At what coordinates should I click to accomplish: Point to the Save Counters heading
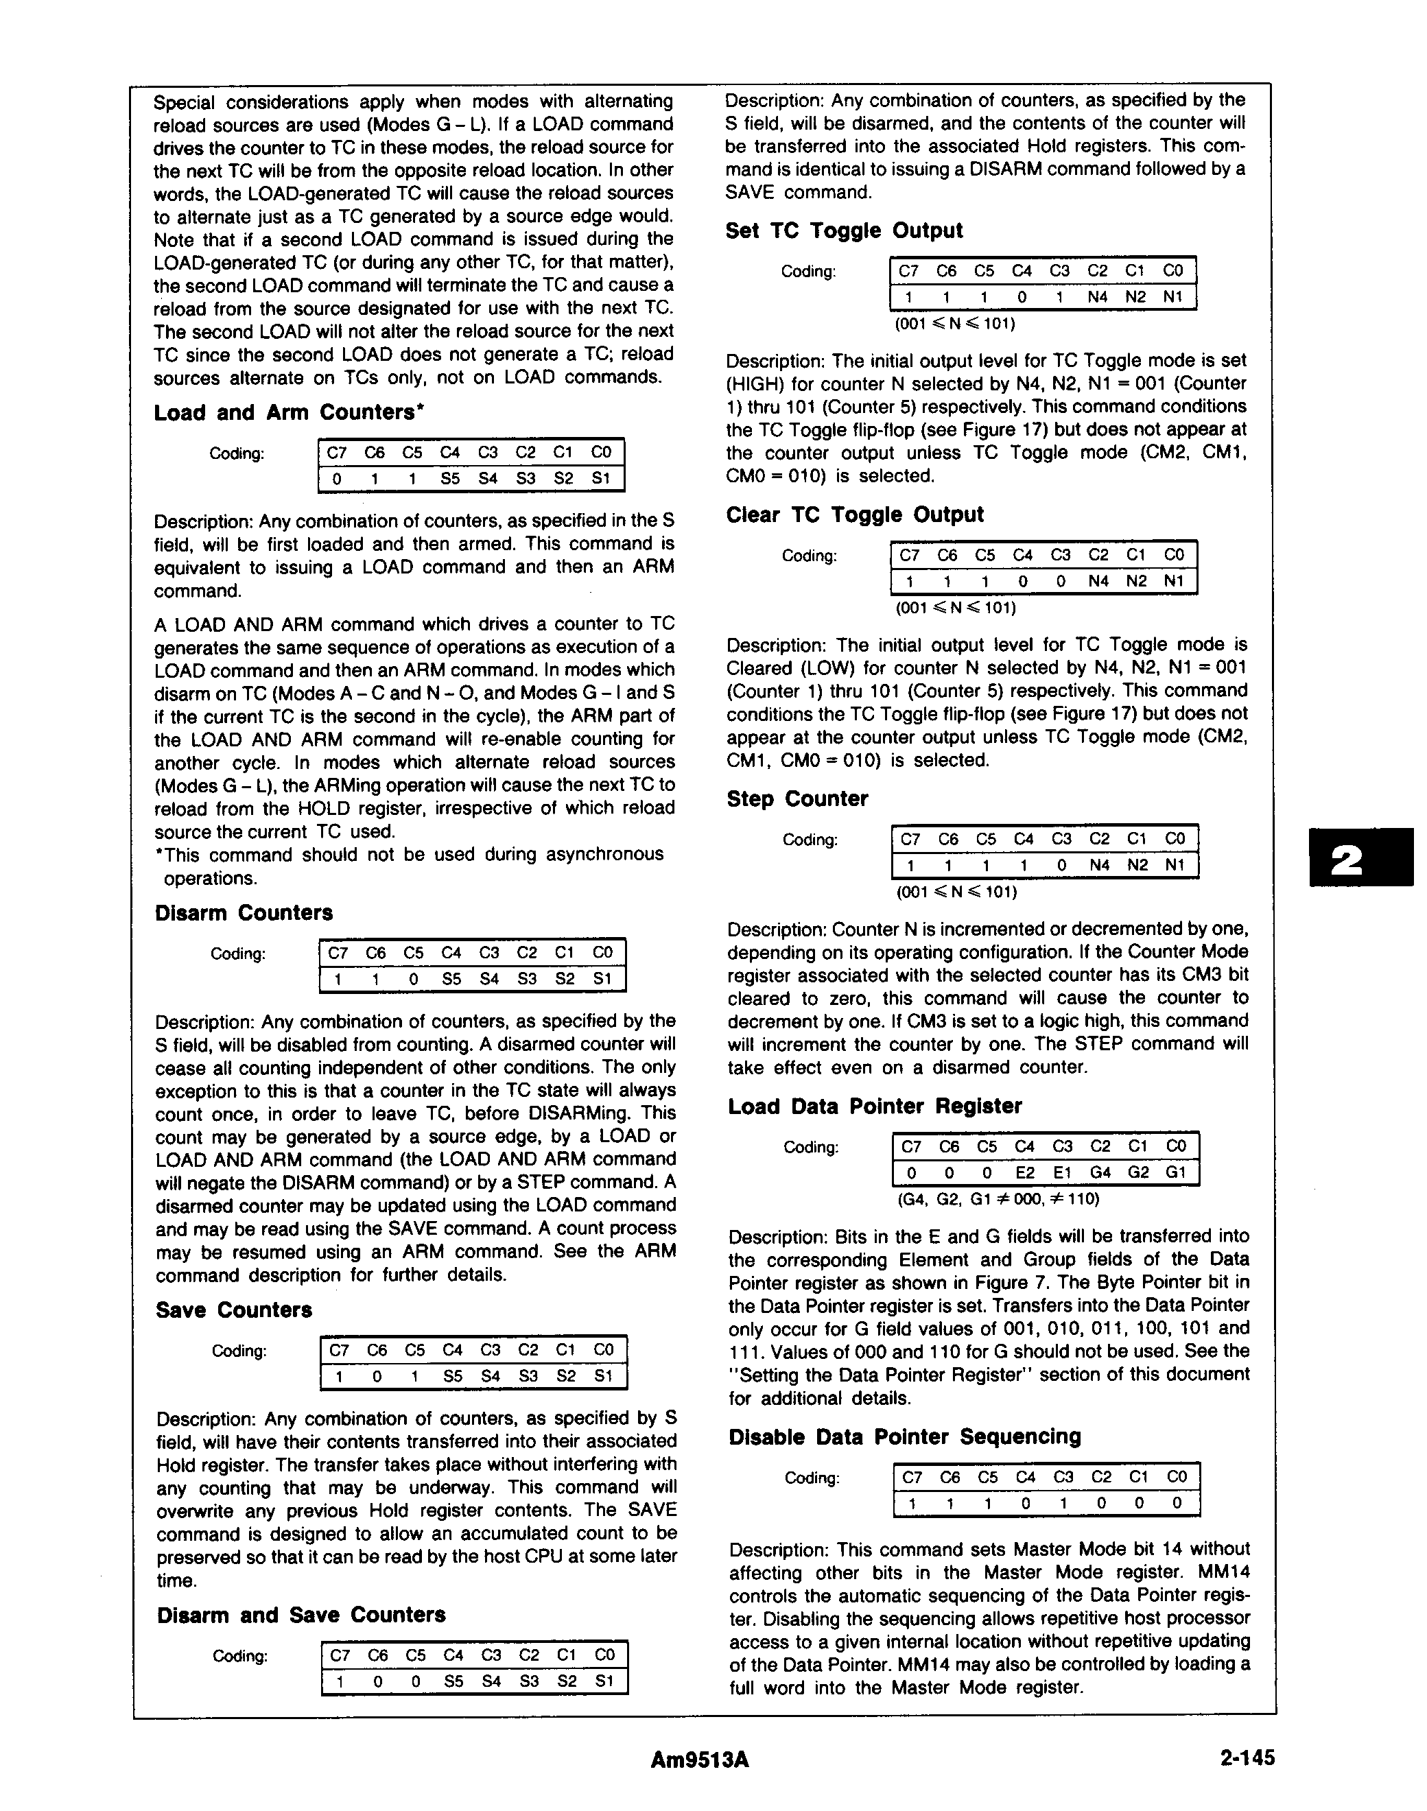click(x=233, y=1310)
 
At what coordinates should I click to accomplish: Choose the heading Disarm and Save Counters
click(x=300, y=1615)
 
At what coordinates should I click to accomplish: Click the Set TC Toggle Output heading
click(x=844, y=230)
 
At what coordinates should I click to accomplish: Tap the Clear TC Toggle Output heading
click(x=855, y=514)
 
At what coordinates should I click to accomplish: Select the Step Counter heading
click(x=797, y=798)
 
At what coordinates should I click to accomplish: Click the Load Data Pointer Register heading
click(x=875, y=1106)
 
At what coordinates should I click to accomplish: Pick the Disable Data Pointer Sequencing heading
click(x=904, y=1436)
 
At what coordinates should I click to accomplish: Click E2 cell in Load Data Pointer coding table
click(x=1024, y=1173)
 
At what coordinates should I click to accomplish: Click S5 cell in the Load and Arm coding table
click(x=450, y=479)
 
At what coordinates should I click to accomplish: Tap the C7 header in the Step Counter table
click(x=910, y=839)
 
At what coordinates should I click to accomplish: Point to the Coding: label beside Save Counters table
click(x=239, y=1351)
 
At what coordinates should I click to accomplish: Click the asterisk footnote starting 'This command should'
click(x=410, y=866)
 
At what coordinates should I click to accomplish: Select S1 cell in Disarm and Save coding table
click(x=603, y=1681)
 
